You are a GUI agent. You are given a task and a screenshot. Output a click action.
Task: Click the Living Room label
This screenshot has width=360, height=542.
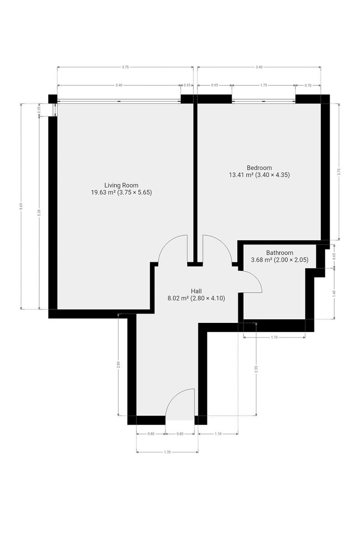pyautogui.click(x=121, y=185)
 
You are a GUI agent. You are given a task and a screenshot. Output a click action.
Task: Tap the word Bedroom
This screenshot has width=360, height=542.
pyautogui.click(x=259, y=168)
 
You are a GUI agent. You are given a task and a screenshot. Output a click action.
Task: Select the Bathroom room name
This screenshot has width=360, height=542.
pyautogui.click(x=280, y=253)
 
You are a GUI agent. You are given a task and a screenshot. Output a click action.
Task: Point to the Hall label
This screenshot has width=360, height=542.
pyautogui.click(x=196, y=291)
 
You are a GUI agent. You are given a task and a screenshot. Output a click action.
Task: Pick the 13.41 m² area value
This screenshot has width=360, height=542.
pyautogui.click(x=241, y=175)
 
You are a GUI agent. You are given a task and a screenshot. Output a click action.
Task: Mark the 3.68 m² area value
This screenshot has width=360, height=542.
pyautogui.click(x=262, y=260)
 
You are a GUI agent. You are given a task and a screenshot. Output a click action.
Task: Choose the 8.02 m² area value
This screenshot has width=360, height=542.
pyautogui.click(x=178, y=299)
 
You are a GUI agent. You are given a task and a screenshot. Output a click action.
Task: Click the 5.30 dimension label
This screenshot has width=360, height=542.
pyautogui.click(x=39, y=213)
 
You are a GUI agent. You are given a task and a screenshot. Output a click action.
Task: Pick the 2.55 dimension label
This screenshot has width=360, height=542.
pyautogui.click(x=257, y=369)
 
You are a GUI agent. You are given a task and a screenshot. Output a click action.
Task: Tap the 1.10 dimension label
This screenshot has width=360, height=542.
pyautogui.click(x=218, y=434)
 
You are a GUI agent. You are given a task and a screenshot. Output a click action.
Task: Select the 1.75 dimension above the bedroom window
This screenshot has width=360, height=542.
pyautogui.click(x=264, y=85)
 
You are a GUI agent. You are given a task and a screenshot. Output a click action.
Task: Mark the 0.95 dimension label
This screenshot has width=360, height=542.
pyautogui.click(x=215, y=85)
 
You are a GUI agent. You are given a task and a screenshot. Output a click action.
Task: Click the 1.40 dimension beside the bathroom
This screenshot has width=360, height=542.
pyautogui.click(x=334, y=294)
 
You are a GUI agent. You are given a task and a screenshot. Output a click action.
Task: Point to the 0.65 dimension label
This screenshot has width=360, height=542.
pyautogui.click(x=334, y=256)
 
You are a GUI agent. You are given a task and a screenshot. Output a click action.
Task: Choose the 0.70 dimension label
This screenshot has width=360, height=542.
pyautogui.click(x=308, y=85)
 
